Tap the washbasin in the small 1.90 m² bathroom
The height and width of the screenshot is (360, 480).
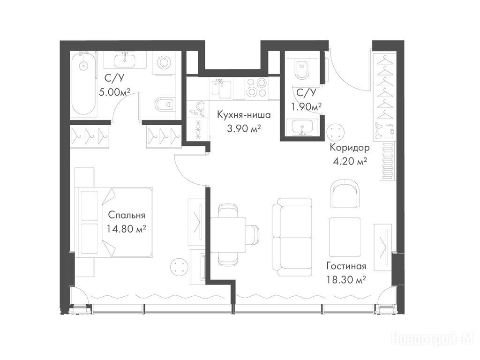click(x=302, y=127)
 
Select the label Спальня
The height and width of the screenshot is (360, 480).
click(x=127, y=215)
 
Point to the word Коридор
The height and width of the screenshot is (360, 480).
click(x=350, y=148)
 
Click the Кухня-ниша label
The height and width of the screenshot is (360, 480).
click(x=244, y=115)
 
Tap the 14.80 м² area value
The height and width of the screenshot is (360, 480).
click(x=127, y=228)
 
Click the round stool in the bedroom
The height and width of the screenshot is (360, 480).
click(x=179, y=267)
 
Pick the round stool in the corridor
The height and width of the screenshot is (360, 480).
click(x=336, y=132)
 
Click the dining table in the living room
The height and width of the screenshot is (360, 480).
click(x=228, y=235)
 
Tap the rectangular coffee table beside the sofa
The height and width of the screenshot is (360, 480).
click(x=345, y=237)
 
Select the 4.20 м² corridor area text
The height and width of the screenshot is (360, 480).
click(x=350, y=161)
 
